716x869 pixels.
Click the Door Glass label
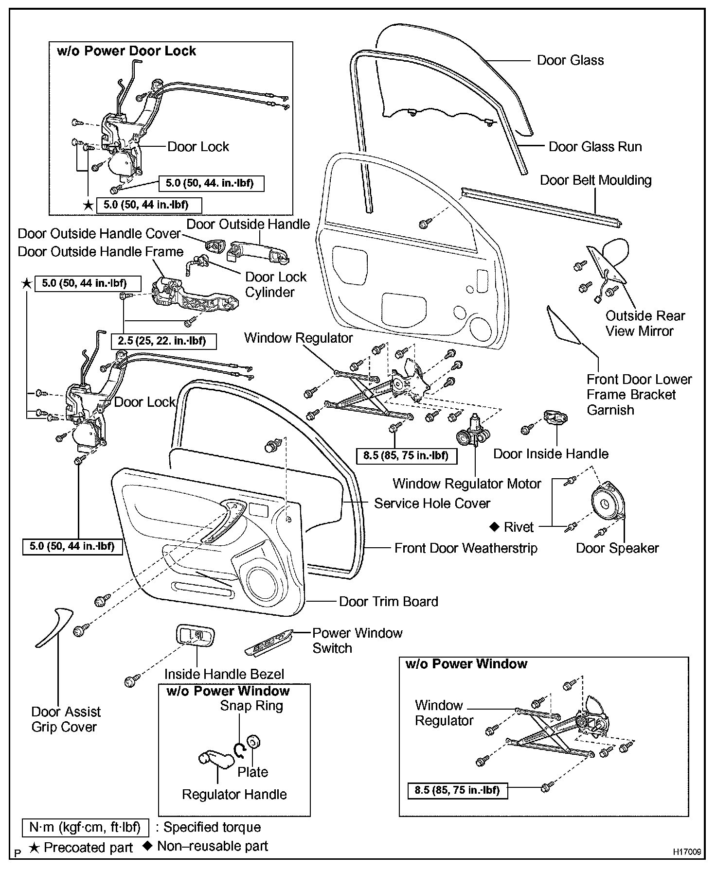(570, 60)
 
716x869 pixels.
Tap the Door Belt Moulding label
(595, 180)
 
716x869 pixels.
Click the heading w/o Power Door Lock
(126, 51)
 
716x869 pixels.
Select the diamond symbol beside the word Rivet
(494, 526)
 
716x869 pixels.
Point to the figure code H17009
(687, 852)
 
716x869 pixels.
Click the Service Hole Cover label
(432, 504)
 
